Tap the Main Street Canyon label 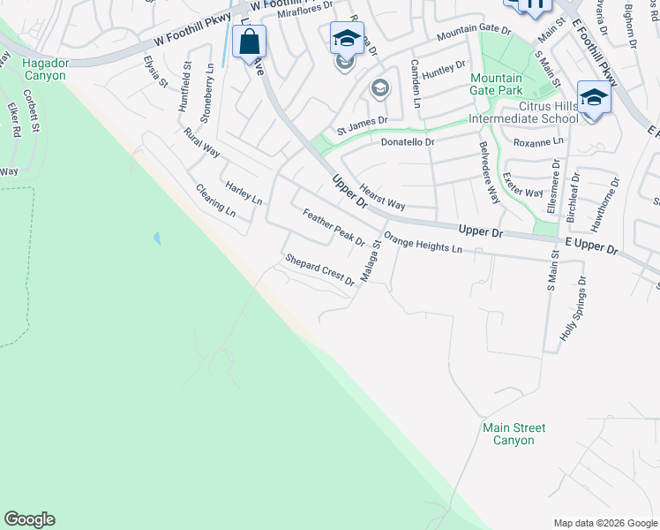pos(514,434)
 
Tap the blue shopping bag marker pos(250,42)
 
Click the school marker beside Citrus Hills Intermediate pos(594,97)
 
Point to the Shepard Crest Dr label pos(319,270)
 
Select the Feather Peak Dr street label pos(334,228)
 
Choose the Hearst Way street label pos(382,197)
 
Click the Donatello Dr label pos(408,141)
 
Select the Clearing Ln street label pos(216,201)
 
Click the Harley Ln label pos(244,193)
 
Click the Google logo pos(29,519)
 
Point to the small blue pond pos(157,238)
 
